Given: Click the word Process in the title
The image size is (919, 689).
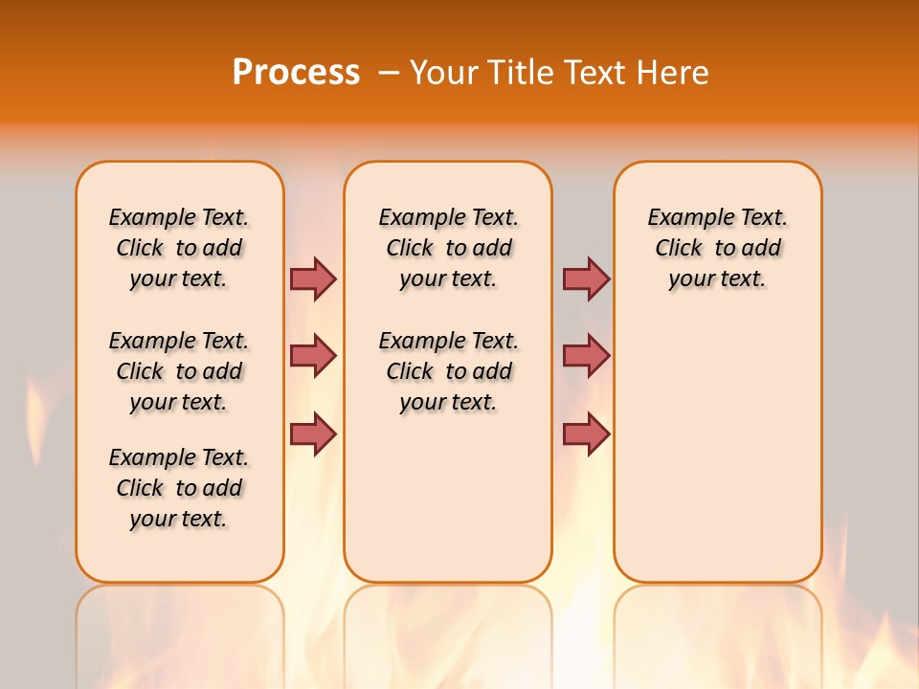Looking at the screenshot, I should [x=296, y=72].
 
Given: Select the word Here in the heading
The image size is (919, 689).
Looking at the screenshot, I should [x=675, y=72].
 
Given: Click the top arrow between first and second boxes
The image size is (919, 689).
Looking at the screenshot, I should [x=313, y=278].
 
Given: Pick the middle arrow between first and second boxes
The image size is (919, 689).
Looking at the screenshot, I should [x=313, y=356].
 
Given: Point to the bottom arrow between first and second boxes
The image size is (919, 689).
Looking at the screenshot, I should [x=313, y=433].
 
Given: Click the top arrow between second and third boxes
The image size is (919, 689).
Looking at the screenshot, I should [x=586, y=278].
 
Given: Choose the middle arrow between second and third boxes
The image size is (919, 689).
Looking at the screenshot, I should [x=586, y=356].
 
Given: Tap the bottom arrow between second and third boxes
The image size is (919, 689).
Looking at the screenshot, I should [x=586, y=433].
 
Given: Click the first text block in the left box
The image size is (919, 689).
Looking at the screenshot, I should [x=179, y=248].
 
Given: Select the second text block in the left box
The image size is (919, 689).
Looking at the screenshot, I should [x=179, y=371].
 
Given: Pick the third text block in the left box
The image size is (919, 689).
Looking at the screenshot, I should [x=179, y=488].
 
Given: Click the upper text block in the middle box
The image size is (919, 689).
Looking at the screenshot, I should [x=448, y=248].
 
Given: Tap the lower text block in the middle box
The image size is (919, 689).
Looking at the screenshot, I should [x=448, y=371].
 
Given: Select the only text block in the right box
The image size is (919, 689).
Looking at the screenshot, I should [x=717, y=248].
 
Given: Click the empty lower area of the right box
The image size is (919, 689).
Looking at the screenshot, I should [x=717, y=450].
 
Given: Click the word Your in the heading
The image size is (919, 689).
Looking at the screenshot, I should [x=443, y=72].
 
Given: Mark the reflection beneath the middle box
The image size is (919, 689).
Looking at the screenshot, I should [x=448, y=632].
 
